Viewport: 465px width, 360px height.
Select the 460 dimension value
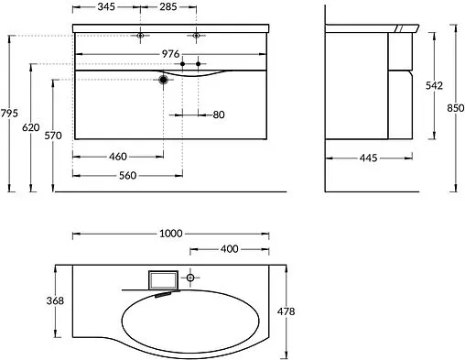tap(117, 157)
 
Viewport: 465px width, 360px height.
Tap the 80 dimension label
tap(218, 114)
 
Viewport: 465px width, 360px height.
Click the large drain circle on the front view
tap(164, 81)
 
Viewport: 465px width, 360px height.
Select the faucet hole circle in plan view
tap(191, 276)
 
